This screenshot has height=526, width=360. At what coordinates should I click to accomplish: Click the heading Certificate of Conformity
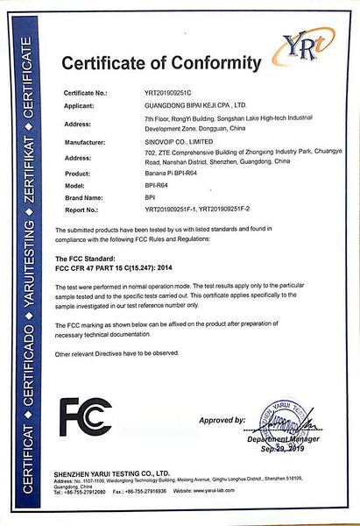click(162, 63)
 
